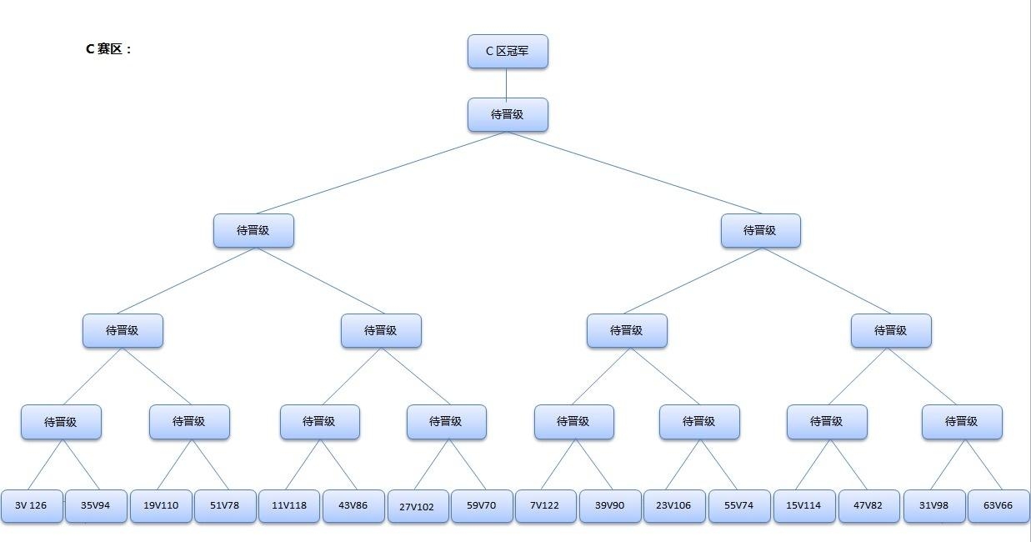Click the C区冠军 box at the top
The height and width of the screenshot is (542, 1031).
(x=508, y=51)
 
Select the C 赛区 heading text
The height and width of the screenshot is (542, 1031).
(x=108, y=49)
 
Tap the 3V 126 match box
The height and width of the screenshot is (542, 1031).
(x=32, y=506)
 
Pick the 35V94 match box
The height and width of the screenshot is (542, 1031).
(x=96, y=506)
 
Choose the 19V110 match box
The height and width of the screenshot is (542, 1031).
(x=161, y=506)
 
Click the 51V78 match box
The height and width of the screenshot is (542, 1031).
(x=225, y=506)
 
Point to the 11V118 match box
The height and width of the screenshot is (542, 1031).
(x=289, y=506)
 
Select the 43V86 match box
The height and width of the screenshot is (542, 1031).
(x=353, y=506)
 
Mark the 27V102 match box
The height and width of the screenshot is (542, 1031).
(x=418, y=506)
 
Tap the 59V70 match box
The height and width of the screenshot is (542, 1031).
(x=482, y=506)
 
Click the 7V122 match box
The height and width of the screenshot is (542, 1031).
(x=546, y=506)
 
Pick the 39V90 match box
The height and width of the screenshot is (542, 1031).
(x=610, y=506)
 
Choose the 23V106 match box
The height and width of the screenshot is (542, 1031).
(x=674, y=506)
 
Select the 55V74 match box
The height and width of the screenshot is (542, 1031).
(x=739, y=506)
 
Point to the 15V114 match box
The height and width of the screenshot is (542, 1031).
(x=804, y=506)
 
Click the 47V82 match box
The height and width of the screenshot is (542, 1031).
(x=869, y=506)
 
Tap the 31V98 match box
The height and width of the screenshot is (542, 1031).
(x=934, y=506)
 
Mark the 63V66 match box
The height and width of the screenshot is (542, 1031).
(x=998, y=506)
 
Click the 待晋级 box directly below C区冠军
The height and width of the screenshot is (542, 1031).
(x=508, y=115)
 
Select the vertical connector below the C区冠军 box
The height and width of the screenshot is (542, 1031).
(x=506, y=83)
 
